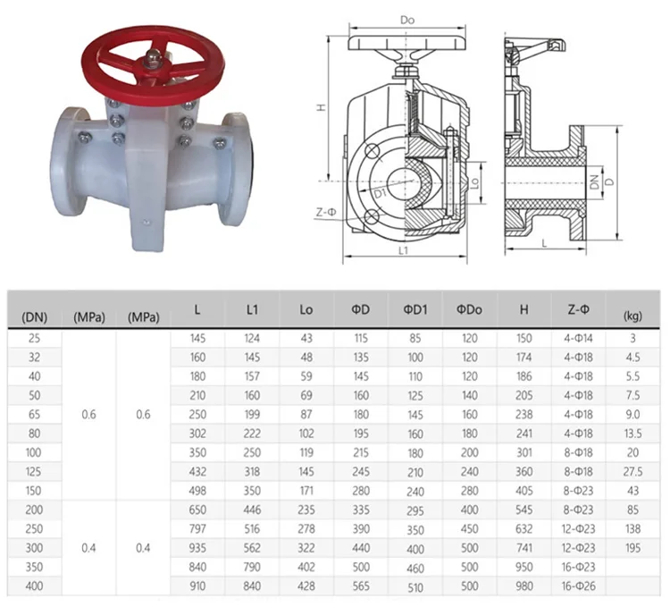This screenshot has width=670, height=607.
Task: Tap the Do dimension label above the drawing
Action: click(x=407, y=20)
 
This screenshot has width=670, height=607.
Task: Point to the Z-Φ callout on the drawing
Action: click(x=326, y=213)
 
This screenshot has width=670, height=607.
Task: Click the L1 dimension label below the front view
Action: click(x=403, y=250)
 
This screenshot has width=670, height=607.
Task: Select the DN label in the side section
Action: click(x=594, y=182)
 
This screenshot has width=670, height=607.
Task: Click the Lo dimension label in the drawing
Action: click(x=474, y=183)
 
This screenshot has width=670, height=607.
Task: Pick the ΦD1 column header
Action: click(x=415, y=309)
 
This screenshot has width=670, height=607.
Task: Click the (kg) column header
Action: click(x=632, y=316)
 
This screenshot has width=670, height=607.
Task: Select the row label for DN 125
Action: click(x=34, y=471)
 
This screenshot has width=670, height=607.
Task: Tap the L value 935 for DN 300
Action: click(x=197, y=548)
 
